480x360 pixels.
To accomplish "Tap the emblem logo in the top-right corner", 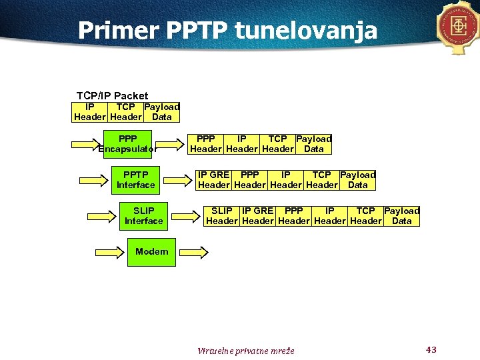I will tap(459, 27).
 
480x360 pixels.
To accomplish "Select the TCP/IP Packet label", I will tap(112, 95).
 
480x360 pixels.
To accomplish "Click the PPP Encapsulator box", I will tap(127, 144).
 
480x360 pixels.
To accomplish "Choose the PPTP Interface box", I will tap(135, 180).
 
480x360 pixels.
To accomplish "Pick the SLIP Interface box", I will tap(143, 216).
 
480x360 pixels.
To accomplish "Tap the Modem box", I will tap(151, 252).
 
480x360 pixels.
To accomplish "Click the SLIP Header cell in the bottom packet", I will tap(222, 216).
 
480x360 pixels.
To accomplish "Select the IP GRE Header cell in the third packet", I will tap(213, 180).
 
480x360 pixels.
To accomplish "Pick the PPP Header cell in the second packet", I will tap(206, 144).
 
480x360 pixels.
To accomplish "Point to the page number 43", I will tap(431, 349).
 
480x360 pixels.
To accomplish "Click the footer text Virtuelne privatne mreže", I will tap(245, 351).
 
